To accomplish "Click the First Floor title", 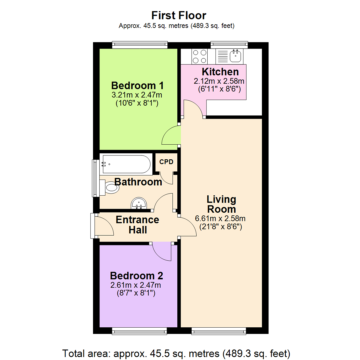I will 179,15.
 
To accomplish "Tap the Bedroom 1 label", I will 137,85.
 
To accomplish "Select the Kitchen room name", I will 220,72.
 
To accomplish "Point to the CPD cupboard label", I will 166,162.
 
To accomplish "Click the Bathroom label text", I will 138,182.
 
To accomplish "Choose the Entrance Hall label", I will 137,225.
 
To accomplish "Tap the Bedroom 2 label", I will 136,276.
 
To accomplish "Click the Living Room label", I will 221,204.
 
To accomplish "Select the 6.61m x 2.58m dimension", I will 220,219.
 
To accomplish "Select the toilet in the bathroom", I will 110,188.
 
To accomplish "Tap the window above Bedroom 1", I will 139,45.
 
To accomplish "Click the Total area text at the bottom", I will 176,353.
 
